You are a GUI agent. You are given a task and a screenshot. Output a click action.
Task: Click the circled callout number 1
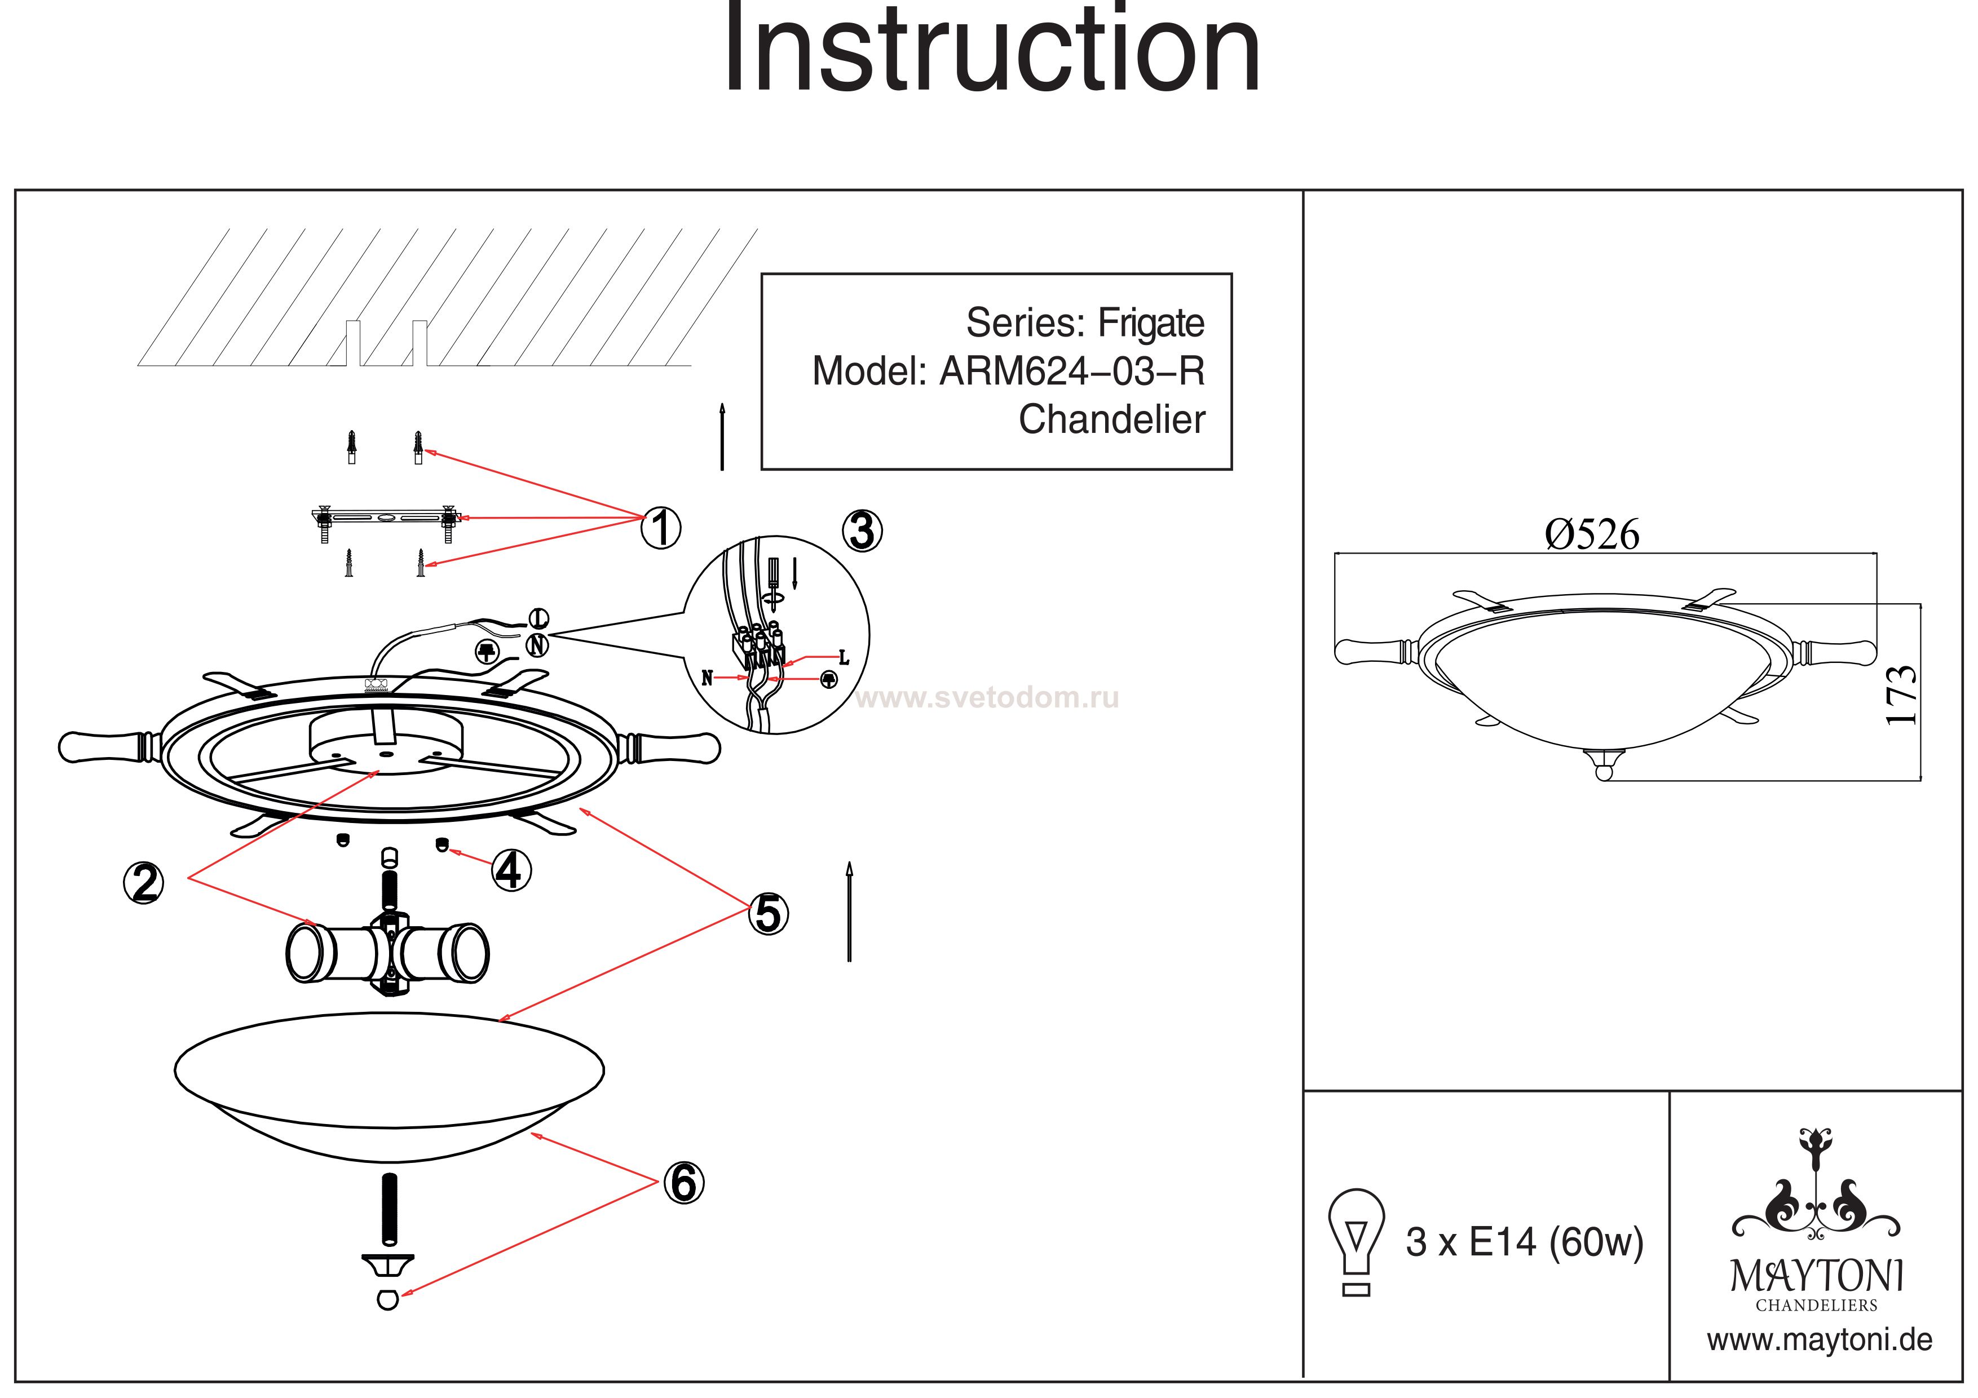click(x=661, y=527)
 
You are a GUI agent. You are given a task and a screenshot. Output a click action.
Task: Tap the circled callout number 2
click(x=144, y=883)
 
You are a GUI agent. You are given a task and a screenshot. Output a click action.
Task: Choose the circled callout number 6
click(x=684, y=1183)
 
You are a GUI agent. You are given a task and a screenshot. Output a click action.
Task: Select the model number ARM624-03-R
click(x=1072, y=371)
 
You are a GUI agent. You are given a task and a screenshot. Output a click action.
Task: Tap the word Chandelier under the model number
click(x=1112, y=419)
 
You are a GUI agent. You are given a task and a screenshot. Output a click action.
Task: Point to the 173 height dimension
click(x=1901, y=695)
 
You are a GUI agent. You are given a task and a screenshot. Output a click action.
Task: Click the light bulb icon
click(x=1356, y=1242)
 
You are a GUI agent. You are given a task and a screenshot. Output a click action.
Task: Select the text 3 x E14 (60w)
click(x=1525, y=1242)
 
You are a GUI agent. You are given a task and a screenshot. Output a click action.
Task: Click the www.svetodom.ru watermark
click(x=987, y=698)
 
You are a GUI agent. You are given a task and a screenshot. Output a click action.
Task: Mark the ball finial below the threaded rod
click(x=388, y=1299)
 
